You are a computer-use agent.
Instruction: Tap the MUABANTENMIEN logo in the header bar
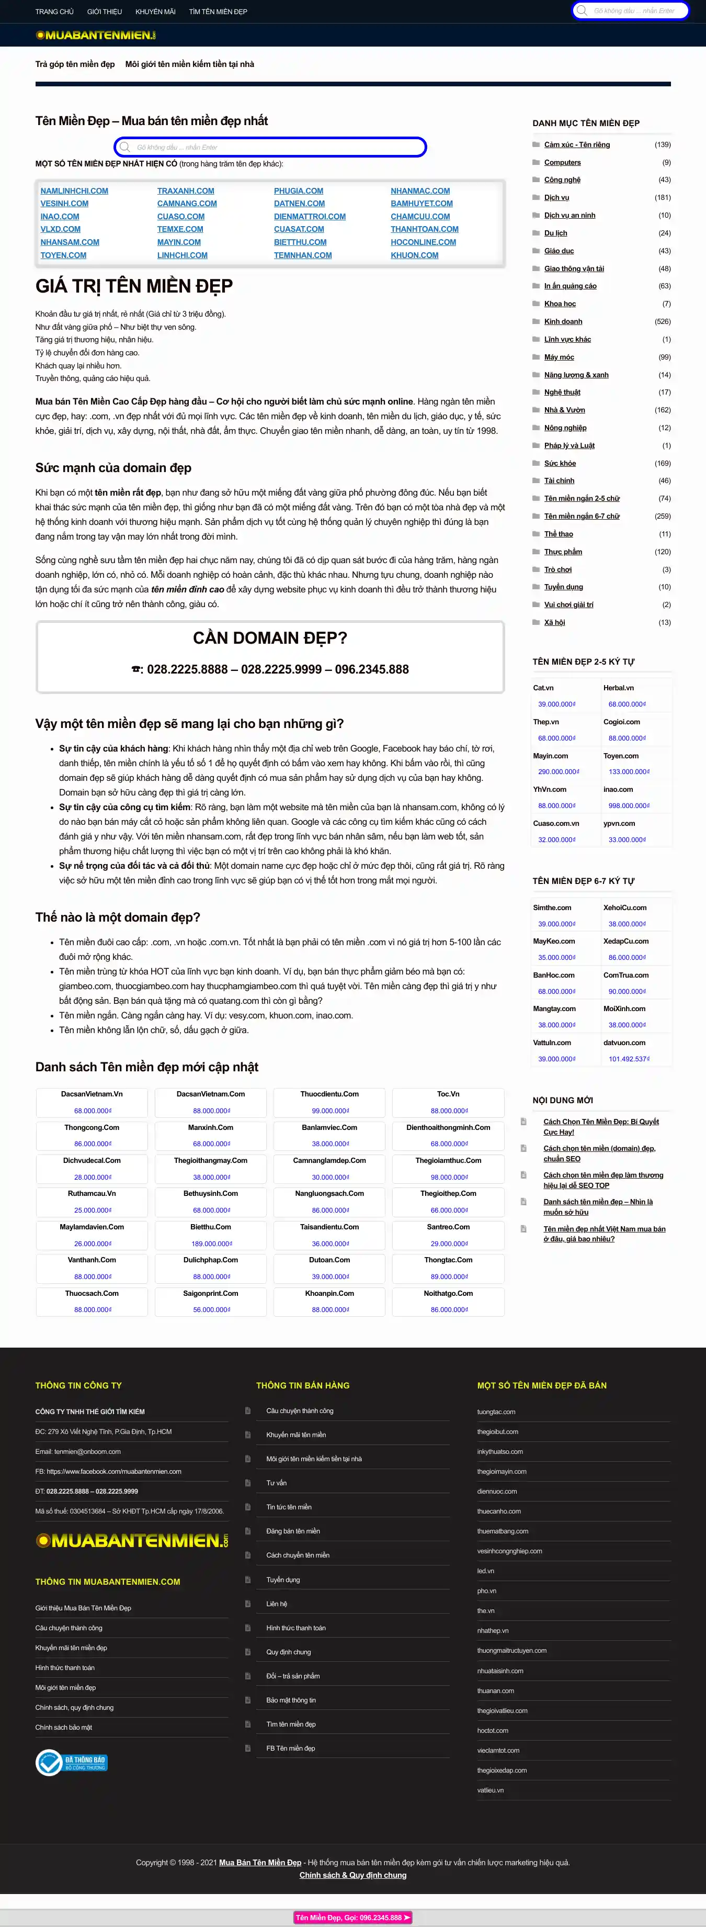coord(96,35)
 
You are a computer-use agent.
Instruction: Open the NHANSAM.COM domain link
coord(70,242)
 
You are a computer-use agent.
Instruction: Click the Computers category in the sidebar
coord(562,162)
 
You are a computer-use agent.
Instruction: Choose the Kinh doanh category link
coord(563,322)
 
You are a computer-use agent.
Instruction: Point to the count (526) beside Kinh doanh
coord(662,322)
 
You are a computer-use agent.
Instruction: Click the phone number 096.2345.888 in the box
coord(372,669)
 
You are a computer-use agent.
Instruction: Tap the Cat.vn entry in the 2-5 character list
coord(544,688)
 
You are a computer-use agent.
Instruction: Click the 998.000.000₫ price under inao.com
coord(629,805)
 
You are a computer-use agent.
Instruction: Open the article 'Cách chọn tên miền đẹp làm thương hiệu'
coord(603,1180)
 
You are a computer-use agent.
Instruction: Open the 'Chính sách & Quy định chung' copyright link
coord(353,1875)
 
